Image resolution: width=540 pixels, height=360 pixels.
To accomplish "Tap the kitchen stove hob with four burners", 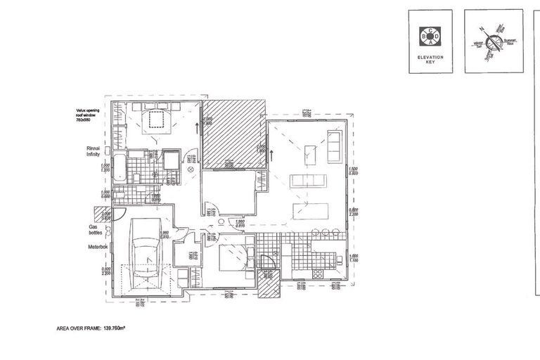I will [x=317, y=271].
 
